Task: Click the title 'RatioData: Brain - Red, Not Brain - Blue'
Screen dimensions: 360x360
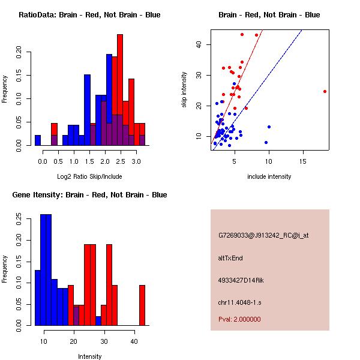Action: coord(89,15)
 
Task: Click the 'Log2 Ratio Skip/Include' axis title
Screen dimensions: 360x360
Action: coord(89,176)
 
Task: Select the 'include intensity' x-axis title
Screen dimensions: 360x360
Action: coord(269,176)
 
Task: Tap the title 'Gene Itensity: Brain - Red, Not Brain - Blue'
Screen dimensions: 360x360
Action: coord(89,195)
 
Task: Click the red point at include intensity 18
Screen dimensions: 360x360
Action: coord(325,91)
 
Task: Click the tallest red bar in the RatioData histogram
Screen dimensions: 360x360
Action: coord(120,90)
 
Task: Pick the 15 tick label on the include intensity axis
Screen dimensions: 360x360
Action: coord(303,161)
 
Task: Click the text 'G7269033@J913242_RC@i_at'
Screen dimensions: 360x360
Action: coord(263,236)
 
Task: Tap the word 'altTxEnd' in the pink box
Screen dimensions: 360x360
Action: coord(230,258)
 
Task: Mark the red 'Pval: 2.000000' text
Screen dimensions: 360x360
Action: coord(239,319)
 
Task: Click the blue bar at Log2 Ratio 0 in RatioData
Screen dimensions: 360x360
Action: coord(38,140)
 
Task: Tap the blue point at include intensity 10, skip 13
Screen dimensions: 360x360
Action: coord(269,127)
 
